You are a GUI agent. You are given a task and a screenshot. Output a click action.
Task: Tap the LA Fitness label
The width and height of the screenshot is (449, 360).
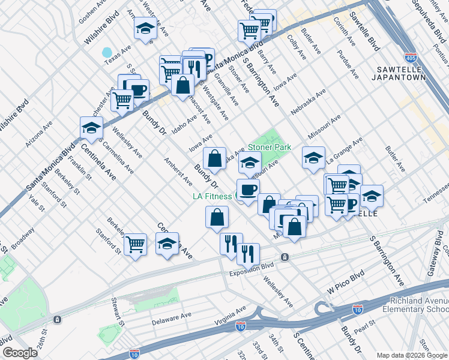[212, 196]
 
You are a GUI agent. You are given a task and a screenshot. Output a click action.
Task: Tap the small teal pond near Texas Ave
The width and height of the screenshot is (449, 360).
[107, 52]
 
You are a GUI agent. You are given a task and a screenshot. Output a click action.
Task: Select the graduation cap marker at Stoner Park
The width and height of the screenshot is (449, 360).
[250, 161]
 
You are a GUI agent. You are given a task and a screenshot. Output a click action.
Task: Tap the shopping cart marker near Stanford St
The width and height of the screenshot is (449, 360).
[136, 244]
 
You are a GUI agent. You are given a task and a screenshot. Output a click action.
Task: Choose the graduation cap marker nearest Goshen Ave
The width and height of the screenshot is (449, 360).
[144, 28]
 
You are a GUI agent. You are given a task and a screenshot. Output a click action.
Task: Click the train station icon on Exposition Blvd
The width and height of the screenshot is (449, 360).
[285, 257]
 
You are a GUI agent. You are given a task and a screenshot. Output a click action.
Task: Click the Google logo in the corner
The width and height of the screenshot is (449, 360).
[20, 353]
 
